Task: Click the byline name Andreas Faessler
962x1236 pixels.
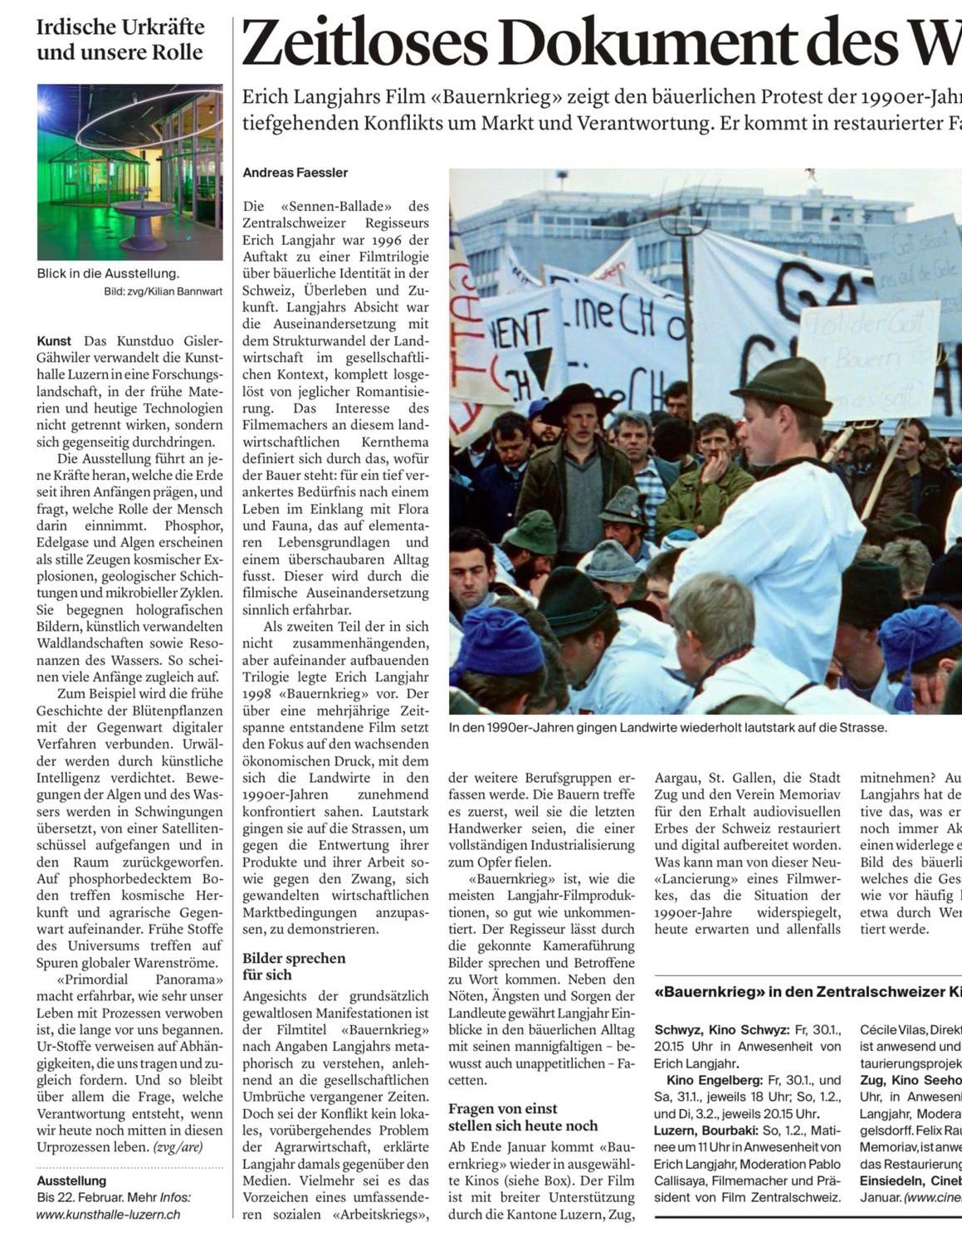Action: click(x=295, y=173)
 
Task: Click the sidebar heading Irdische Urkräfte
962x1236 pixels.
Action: click(x=120, y=27)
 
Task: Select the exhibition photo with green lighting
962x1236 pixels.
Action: click(x=129, y=172)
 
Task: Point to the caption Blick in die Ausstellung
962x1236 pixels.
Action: click(x=107, y=273)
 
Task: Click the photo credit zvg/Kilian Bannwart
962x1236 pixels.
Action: click(x=163, y=291)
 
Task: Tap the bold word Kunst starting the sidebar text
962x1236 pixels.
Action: click(x=54, y=341)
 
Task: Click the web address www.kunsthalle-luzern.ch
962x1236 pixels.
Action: click(x=108, y=1214)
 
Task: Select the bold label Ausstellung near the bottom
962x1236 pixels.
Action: click(x=71, y=1180)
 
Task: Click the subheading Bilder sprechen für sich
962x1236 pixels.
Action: click(x=293, y=965)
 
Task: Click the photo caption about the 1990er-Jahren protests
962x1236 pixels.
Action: click(x=667, y=727)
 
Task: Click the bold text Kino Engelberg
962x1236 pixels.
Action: click(x=714, y=1080)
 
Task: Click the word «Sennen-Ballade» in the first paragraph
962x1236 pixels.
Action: click(x=331, y=206)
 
